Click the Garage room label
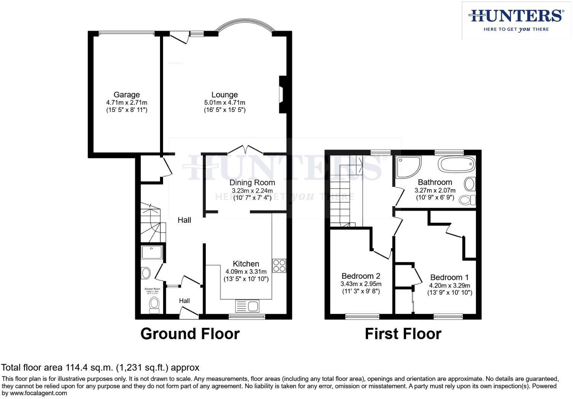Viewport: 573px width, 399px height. coord(126,95)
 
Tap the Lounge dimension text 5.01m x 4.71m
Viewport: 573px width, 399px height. coord(224,102)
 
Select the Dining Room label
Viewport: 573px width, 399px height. coord(252,183)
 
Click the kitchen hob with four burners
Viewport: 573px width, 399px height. coord(279,265)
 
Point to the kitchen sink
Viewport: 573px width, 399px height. coord(247,306)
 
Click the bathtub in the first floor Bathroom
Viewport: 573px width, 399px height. coord(456,165)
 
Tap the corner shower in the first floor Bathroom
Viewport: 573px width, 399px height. coord(407,166)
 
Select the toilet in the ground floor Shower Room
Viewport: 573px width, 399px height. coord(154,305)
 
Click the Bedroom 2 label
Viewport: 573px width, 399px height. coord(361,276)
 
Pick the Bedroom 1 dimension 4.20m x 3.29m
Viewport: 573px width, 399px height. coord(450,286)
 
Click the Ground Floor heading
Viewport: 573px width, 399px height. coord(190,334)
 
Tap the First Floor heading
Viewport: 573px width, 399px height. coord(403,334)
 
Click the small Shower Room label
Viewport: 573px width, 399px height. coord(152,289)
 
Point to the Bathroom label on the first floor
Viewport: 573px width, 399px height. coord(435,182)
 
